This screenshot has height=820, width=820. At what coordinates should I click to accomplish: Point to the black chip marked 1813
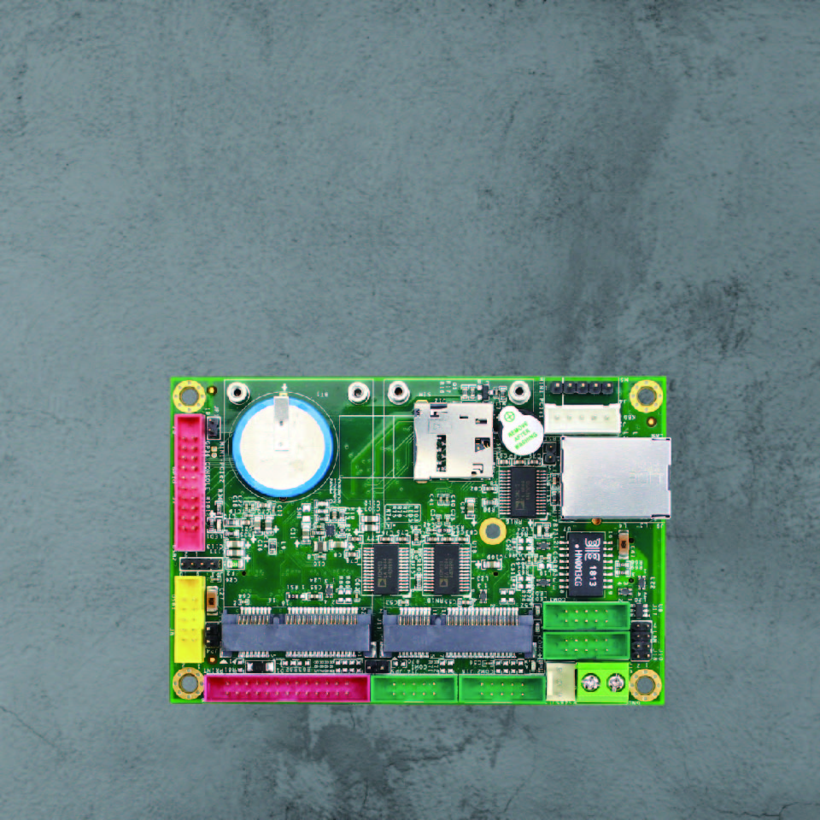coord(587,564)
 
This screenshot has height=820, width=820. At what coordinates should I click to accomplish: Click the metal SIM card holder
coord(453,440)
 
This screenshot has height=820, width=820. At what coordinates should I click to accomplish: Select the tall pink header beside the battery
coord(189,482)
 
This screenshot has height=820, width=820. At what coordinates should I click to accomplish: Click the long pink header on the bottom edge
coord(287,688)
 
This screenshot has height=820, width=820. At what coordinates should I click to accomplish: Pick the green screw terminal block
coord(602,682)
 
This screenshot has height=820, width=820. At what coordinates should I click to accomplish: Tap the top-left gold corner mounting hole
coord(188,395)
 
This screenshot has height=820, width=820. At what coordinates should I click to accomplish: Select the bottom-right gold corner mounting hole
coord(645,684)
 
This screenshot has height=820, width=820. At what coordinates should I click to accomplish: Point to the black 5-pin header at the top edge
coord(583,389)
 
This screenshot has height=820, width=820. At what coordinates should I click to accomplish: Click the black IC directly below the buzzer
coord(521,491)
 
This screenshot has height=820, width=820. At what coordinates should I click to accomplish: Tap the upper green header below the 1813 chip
coord(587,615)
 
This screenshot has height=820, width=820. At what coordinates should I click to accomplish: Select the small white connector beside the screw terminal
coord(559,682)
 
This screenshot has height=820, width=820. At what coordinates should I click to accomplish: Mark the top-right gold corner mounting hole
coord(646,395)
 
